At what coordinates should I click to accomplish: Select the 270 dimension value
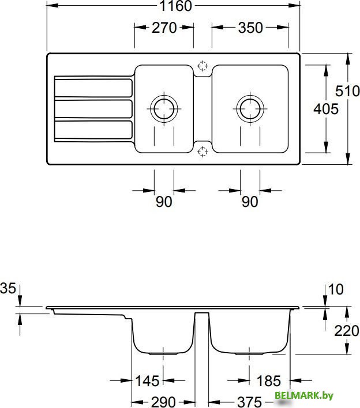click(164, 28)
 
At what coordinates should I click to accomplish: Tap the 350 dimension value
click(250, 28)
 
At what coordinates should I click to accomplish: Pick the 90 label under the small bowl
click(164, 202)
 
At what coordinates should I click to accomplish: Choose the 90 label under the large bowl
click(250, 202)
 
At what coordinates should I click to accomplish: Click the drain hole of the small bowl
click(164, 108)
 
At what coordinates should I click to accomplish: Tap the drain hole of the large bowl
click(250, 108)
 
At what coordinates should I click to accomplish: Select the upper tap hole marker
click(202, 66)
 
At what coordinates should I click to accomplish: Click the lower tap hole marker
click(202, 152)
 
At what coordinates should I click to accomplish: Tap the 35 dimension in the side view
click(7, 288)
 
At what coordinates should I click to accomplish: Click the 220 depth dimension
click(346, 331)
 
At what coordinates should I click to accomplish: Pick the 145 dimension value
click(148, 380)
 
